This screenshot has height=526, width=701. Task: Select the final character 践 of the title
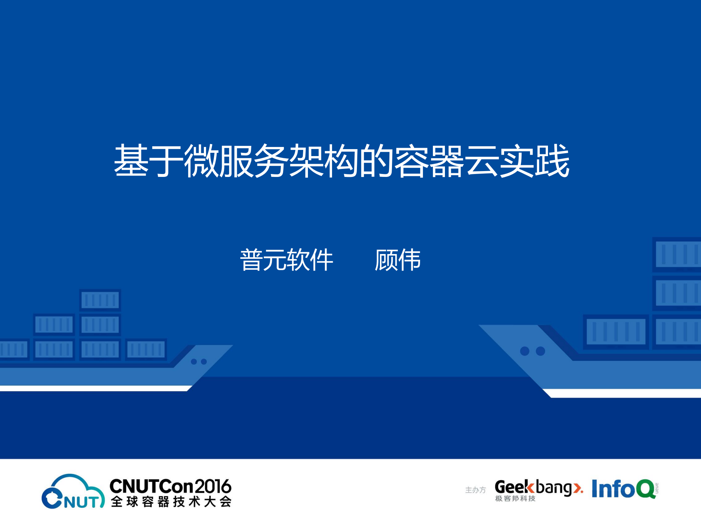pos(552,161)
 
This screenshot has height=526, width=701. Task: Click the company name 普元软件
pos(286,260)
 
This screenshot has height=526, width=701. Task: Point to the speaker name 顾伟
pos(398,260)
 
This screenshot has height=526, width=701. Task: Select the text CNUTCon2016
pos(170,487)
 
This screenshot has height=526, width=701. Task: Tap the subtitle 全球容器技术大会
pos(171,502)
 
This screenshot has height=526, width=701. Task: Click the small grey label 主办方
pos(475,490)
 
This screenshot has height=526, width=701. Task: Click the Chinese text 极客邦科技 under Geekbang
pos(515,499)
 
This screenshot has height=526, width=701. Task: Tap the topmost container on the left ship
pos(100,300)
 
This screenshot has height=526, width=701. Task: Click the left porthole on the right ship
pos(525,351)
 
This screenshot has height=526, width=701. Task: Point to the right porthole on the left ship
pos(204,362)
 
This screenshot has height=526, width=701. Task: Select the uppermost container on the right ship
pos(677,254)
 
